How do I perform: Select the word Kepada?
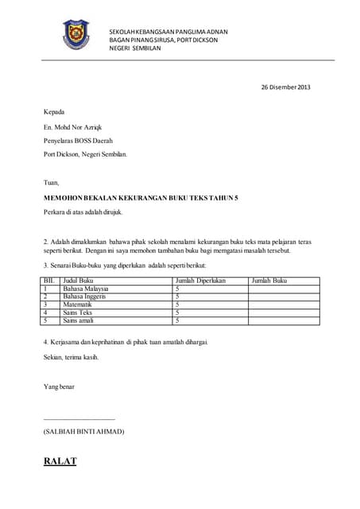pyautogui.click(x=53, y=112)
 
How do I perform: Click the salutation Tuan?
pyautogui.click(x=52, y=182)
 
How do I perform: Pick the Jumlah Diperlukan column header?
pyautogui.click(x=200, y=281)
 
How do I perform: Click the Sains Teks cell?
pyautogui.click(x=78, y=313)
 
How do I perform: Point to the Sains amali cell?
pyautogui.click(x=79, y=321)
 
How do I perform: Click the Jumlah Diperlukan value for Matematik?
pyautogui.click(x=177, y=305)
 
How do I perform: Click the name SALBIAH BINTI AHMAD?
pyautogui.click(x=83, y=431)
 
